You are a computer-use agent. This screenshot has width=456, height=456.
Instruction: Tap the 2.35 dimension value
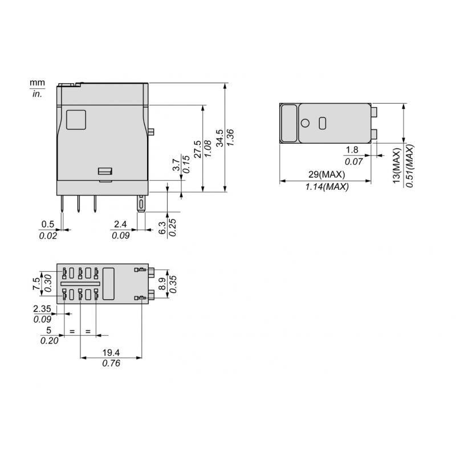click(43, 308)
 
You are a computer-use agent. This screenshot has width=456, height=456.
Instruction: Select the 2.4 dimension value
click(120, 224)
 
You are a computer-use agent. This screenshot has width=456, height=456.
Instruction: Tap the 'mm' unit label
click(37, 84)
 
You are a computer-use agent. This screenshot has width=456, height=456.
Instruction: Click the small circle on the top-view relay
click(305, 123)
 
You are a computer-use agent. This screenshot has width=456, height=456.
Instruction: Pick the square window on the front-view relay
click(76, 119)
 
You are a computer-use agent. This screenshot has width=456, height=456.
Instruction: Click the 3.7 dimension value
click(177, 166)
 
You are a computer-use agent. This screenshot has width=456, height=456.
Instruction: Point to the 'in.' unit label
click(37, 94)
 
